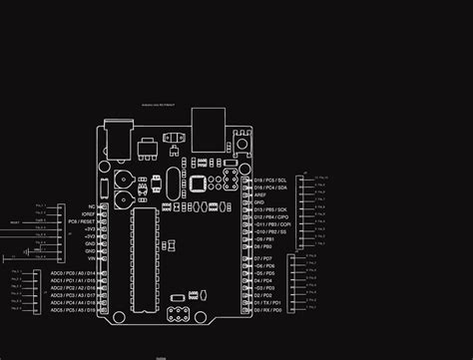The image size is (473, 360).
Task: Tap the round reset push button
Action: point(243,148)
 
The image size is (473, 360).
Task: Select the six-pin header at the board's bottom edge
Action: point(180,315)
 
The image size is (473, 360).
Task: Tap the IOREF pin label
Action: point(87,213)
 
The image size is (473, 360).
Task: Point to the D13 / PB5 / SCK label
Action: point(270,209)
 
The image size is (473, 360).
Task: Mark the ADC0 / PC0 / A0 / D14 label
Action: point(72,272)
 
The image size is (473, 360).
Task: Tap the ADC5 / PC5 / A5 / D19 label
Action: point(72,311)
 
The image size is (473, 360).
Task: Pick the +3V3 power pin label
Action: point(89,228)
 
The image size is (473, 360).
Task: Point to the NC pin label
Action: point(91,206)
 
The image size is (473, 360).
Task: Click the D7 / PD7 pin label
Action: point(261,258)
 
